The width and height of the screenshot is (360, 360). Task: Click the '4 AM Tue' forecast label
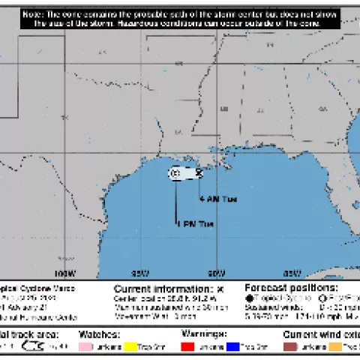pos(218,199)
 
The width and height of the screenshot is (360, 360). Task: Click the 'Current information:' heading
pos(162,288)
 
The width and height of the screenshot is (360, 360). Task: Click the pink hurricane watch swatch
pos(92,346)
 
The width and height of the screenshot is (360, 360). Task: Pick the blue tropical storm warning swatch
pos(234,346)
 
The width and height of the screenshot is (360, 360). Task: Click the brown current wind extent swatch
pos(291,346)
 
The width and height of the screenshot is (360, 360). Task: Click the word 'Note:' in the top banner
pos(33,14)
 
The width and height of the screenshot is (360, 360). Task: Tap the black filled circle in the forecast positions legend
pos(250,298)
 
